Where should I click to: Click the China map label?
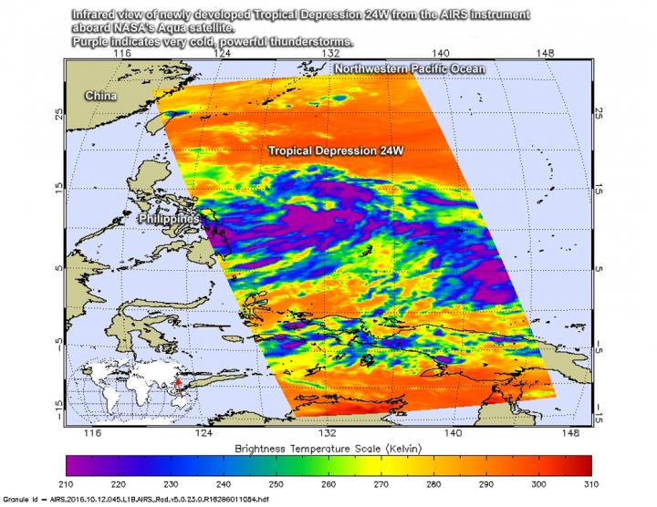point(100,95)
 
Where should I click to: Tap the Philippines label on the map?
point(170,221)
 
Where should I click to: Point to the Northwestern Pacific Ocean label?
point(408,69)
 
